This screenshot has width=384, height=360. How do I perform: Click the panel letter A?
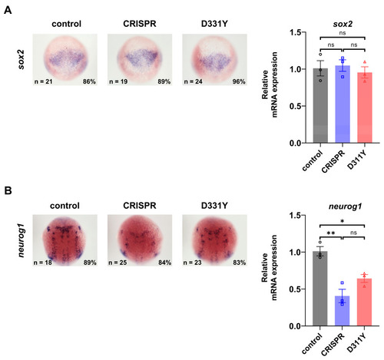tap(8, 10)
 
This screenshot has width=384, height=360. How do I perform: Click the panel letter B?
tap(8, 190)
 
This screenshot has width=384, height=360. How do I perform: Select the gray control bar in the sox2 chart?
tap(320, 105)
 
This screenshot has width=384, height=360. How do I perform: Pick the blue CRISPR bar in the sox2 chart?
tap(343, 104)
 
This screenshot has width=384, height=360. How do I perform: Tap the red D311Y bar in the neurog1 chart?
tap(364, 302)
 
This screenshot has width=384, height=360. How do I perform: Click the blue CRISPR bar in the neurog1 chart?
tap(342, 311)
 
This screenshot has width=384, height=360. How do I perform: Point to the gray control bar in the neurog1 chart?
tap(319, 289)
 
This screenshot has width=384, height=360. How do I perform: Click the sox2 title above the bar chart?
tap(343, 24)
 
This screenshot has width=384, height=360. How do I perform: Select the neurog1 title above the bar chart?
tap(345, 206)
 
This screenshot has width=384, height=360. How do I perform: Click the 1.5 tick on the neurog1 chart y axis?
tap(295, 216)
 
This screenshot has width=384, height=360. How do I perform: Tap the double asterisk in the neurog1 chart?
tap(331, 233)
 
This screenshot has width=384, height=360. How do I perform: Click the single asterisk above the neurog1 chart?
tap(343, 221)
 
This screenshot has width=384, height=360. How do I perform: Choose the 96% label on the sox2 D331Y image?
tap(239, 81)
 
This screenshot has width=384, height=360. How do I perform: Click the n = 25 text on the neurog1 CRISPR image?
tap(118, 263)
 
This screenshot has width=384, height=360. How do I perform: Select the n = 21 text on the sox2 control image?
tap(43, 81)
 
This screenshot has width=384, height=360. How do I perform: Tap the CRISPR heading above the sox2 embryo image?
tap(140, 24)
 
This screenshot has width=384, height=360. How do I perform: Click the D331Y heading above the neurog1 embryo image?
tap(214, 206)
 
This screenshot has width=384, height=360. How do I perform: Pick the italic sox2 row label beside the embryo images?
tap(21, 60)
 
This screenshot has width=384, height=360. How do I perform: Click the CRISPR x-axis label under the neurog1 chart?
tap(333, 345)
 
